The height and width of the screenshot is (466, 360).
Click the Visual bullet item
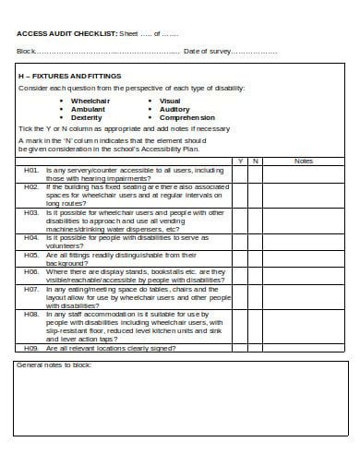click(170, 101)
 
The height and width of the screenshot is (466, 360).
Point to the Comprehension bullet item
click(186, 118)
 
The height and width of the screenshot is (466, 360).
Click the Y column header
click(240, 161)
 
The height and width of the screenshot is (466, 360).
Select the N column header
click(256, 161)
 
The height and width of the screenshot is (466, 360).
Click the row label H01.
click(30, 170)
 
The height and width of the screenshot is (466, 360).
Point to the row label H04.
click(30, 236)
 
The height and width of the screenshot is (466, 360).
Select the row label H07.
click(30, 289)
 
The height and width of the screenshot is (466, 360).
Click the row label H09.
click(30, 348)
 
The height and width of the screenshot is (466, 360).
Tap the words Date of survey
click(208, 51)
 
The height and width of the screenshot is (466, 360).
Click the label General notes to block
click(57, 365)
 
